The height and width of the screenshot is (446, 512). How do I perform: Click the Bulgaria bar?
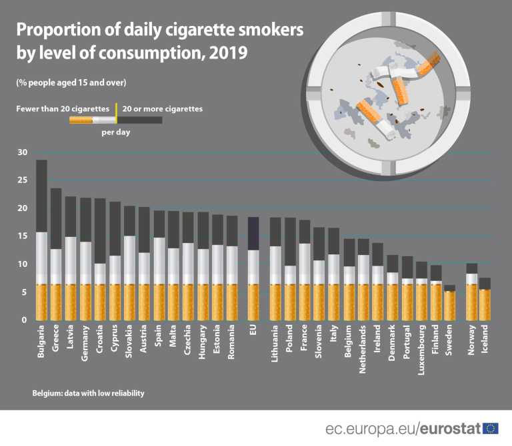tap(41, 240)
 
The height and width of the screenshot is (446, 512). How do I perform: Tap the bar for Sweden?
tap(450, 303)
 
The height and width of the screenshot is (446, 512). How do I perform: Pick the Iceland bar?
tap(486, 300)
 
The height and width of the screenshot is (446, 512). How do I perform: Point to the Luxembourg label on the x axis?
tap(421, 350)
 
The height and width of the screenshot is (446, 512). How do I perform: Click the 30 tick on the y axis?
tap(22, 152)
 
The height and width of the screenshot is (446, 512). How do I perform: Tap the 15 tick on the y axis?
tap(22, 236)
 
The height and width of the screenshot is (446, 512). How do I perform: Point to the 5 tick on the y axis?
tap(23, 292)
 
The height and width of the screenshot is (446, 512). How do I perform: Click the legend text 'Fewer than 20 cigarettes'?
tap(63, 108)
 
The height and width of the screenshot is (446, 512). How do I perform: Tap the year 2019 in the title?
tap(223, 53)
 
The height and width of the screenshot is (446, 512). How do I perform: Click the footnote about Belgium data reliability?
tap(88, 393)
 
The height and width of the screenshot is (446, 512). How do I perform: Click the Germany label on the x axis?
tap(85, 343)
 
